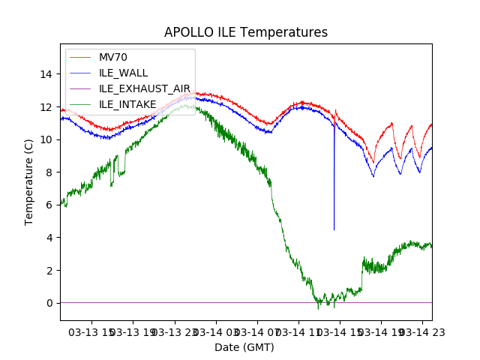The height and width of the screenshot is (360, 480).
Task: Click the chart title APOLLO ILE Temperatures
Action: coord(246,33)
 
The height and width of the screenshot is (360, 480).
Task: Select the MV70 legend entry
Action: coord(113,57)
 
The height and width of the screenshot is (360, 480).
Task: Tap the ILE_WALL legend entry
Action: coord(123,73)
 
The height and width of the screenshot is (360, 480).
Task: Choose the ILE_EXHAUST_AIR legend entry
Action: coord(145,88)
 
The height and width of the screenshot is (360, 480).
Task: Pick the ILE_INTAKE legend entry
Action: coord(127,104)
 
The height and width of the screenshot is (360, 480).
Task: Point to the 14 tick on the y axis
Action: coord(47,73)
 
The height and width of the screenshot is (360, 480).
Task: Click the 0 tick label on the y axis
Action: coord(50,303)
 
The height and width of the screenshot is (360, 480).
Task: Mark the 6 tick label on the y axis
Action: coord(50,205)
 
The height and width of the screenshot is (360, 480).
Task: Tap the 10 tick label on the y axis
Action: coord(47,139)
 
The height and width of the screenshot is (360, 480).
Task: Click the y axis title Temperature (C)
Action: coord(30,181)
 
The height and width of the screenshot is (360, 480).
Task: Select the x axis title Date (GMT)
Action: coord(244,347)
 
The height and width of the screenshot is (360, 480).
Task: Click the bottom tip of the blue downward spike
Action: coord(334,229)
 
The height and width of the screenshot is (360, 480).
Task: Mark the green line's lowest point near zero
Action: coord(318,307)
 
